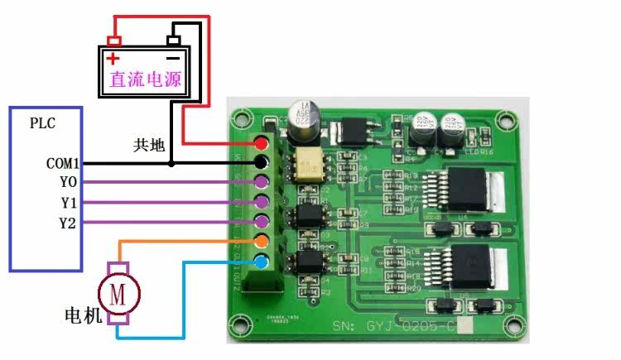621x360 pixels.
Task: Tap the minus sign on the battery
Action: tap(172, 59)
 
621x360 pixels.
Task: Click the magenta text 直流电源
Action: tap(145, 81)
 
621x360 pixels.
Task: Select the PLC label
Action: tap(43, 124)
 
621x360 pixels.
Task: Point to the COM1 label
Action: tap(62, 163)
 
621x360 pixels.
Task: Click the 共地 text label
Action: tap(149, 145)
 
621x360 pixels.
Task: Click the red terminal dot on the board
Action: tap(262, 143)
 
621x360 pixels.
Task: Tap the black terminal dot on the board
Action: tap(262, 163)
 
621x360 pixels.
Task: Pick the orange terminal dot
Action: tap(262, 242)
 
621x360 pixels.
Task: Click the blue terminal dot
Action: tap(262, 262)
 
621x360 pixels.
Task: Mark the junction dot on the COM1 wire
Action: tap(171, 164)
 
